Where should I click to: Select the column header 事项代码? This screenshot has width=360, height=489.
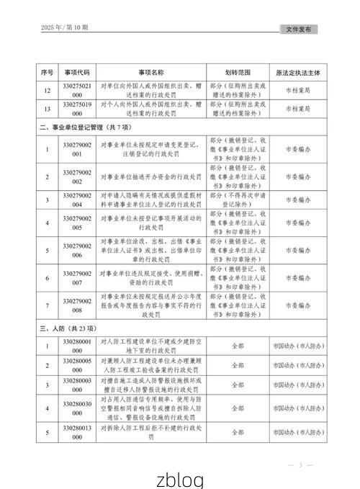(x=77, y=73)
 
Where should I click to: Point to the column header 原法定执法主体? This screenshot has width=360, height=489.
(x=297, y=73)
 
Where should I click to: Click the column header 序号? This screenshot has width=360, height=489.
(x=48, y=73)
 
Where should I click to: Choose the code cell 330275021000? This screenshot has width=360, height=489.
(x=77, y=91)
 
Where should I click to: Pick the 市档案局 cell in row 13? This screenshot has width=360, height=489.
(x=297, y=109)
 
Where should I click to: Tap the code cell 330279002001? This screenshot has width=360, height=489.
(x=77, y=150)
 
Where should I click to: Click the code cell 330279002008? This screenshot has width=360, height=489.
(x=77, y=305)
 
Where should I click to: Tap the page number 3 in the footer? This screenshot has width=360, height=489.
(x=300, y=465)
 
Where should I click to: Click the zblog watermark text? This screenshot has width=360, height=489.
(x=180, y=479)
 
